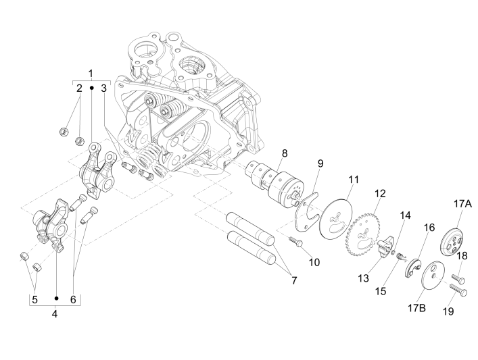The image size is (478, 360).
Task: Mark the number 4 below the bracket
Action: [55, 313]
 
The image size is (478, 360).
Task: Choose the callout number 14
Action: [404, 216]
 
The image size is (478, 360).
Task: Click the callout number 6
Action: [72, 299]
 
